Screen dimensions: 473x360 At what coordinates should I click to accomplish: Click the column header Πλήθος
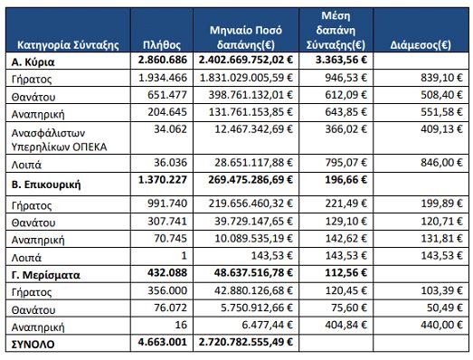(x=162, y=45)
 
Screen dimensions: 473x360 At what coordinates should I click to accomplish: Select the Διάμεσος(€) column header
(x=421, y=45)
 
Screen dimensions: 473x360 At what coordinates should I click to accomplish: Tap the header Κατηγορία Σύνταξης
(x=68, y=45)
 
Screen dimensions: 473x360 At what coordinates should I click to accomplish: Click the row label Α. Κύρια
(x=33, y=62)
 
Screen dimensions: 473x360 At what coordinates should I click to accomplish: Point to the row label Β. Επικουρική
(x=46, y=185)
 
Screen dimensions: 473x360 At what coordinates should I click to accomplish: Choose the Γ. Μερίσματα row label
(x=46, y=275)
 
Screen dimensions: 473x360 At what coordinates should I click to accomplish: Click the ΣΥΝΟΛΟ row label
(x=33, y=344)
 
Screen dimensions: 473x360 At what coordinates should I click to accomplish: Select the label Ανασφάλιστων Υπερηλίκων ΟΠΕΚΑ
(x=59, y=140)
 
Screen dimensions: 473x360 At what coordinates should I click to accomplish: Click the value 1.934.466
(x=163, y=78)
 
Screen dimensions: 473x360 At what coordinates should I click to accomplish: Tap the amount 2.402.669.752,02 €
(x=246, y=60)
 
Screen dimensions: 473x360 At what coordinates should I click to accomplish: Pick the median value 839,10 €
(x=441, y=78)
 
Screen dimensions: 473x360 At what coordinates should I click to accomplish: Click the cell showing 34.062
(x=170, y=129)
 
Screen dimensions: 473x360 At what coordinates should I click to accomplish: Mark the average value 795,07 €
(x=346, y=163)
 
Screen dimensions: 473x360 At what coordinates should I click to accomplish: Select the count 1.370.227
(x=163, y=180)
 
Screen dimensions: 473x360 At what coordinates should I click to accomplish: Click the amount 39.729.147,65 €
(x=254, y=222)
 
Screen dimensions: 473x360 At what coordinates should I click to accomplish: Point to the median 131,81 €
(x=441, y=239)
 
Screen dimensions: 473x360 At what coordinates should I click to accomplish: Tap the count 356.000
(x=167, y=290)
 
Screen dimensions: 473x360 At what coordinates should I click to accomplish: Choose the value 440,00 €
(x=441, y=325)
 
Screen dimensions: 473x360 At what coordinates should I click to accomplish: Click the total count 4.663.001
(x=163, y=342)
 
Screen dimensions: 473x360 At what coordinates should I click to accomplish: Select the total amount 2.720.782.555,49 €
(x=246, y=342)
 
